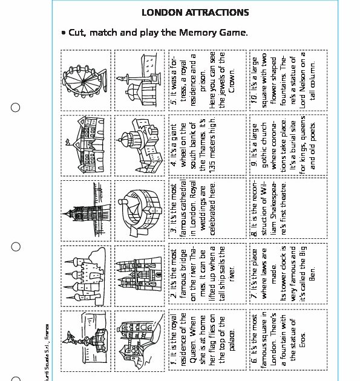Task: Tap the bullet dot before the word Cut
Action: (x=63, y=33)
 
